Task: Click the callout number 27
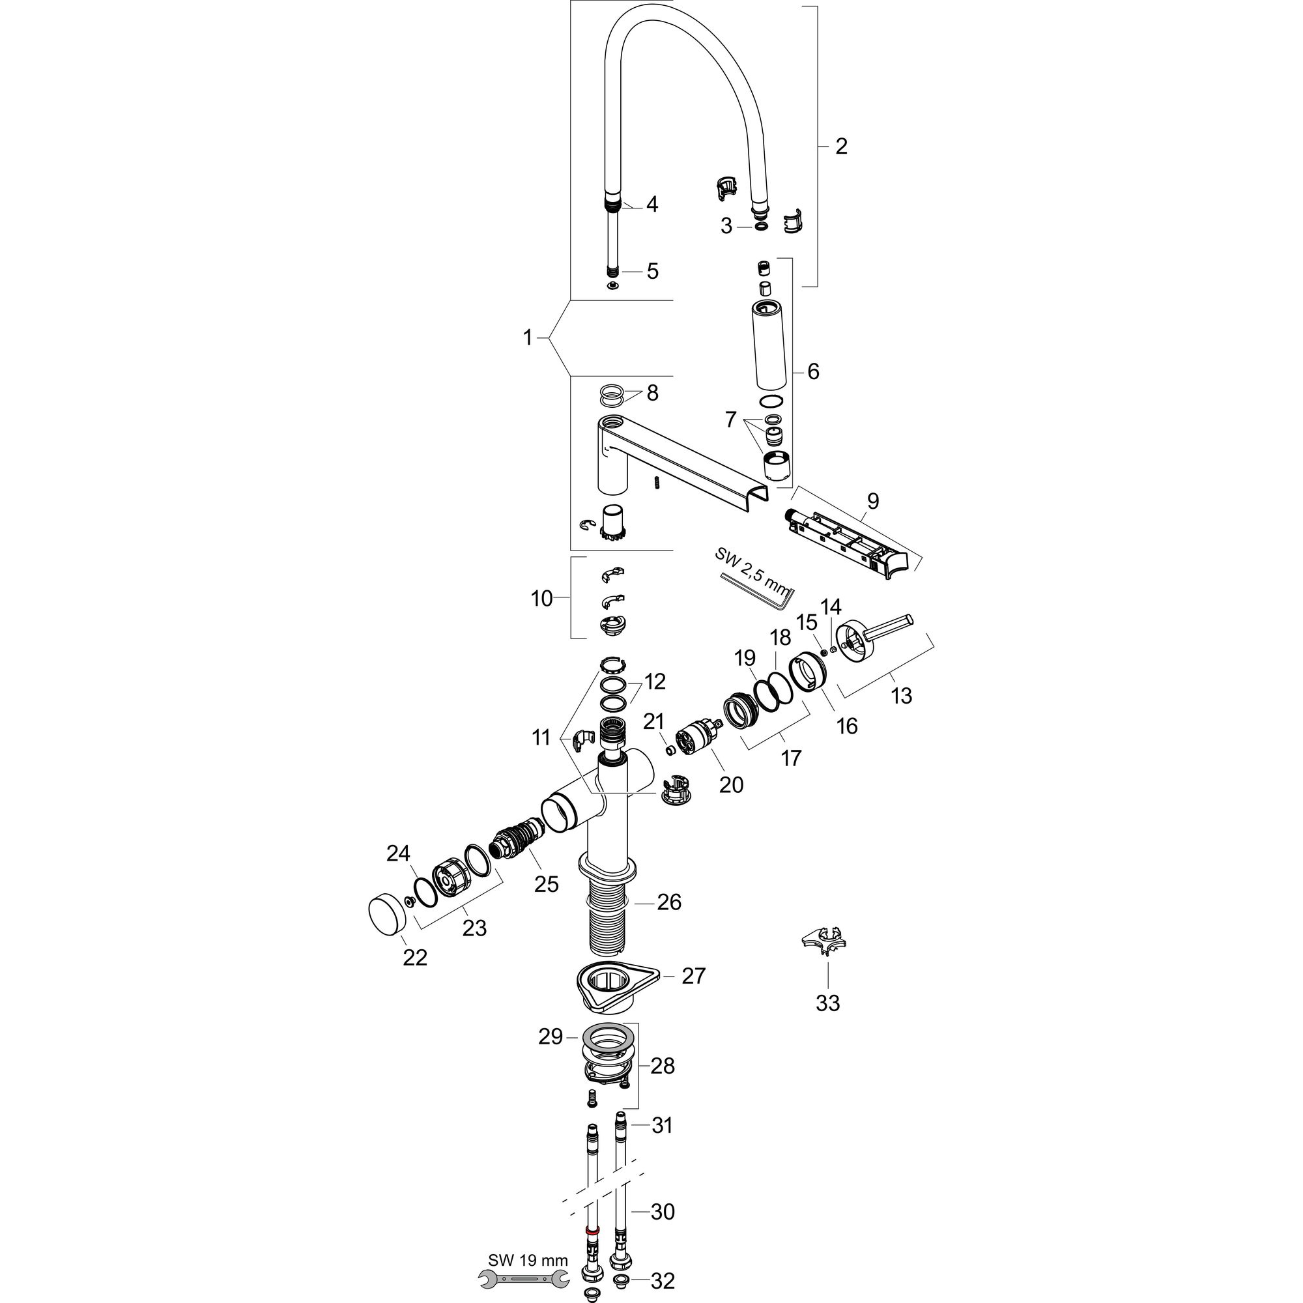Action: tap(693, 976)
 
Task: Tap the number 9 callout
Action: tap(873, 500)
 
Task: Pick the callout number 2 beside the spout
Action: tap(840, 146)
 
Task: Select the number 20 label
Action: tap(731, 784)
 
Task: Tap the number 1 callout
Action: tap(528, 337)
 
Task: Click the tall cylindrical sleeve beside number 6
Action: tap(769, 345)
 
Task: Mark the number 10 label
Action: tap(541, 598)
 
